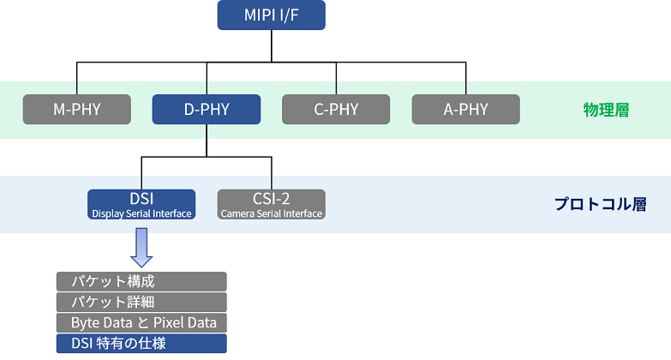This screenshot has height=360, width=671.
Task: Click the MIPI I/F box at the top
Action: click(272, 15)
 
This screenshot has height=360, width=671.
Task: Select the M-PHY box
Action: click(77, 109)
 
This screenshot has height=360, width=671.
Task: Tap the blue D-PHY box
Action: click(207, 109)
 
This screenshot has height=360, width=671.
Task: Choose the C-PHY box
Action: click(336, 109)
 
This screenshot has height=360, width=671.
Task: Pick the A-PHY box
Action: click(465, 109)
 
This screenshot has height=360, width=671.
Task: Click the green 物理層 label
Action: click(606, 110)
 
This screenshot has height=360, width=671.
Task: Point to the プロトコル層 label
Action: click(601, 204)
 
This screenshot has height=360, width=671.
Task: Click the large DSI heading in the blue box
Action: click(141, 199)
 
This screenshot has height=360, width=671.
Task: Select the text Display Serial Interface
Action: click(141, 213)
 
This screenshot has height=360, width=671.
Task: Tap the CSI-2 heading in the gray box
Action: click(272, 199)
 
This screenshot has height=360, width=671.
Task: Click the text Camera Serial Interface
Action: click(272, 213)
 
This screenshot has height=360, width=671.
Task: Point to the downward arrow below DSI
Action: click(141, 248)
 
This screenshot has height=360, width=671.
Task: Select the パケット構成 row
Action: click(141, 281)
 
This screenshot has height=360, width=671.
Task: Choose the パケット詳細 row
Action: click(141, 302)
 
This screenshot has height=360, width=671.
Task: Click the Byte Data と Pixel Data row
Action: click(141, 322)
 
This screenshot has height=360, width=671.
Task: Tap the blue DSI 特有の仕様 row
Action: click(141, 344)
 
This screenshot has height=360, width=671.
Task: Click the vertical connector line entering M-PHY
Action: click(77, 78)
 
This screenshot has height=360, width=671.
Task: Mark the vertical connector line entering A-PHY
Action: click(465, 78)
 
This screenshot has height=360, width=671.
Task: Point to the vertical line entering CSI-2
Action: click(272, 173)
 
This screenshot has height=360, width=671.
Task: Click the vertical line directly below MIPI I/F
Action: click(272, 45)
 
